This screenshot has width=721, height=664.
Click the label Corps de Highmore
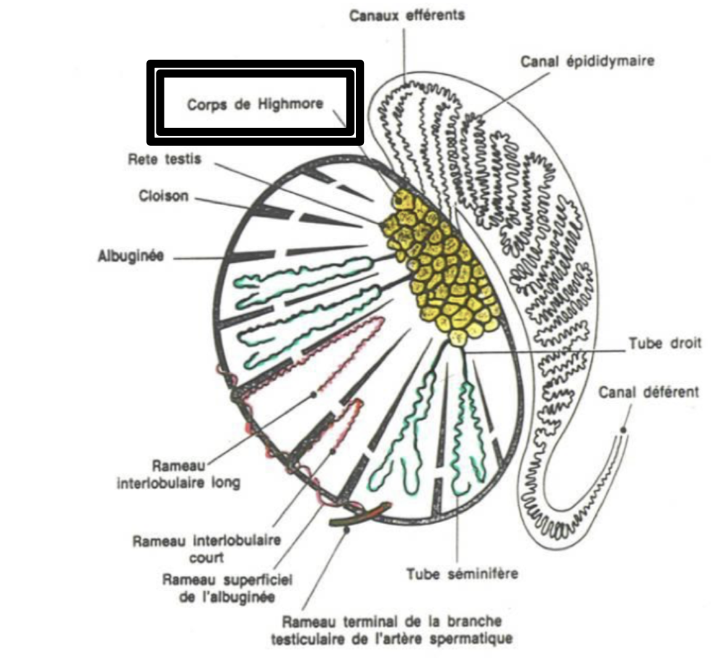[x=255, y=104]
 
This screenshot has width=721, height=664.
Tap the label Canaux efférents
[x=406, y=15]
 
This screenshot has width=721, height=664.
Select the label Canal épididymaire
[x=587, y=62]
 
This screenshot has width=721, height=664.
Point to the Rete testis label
[x=164, y=159]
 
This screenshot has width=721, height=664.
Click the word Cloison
[x=163, y=196]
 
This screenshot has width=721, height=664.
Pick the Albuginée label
[x=131, y=256]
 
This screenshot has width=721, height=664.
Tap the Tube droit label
[x=664, y=343]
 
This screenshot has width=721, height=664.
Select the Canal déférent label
[x=648, y=392]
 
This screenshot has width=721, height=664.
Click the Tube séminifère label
[x=462, y=574]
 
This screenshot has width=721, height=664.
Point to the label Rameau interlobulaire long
[x=178, y=474]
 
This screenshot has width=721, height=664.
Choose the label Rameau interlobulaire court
[x=207, y=549]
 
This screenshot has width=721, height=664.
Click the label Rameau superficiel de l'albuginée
[x=227, y=588]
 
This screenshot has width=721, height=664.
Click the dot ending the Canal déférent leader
[x=623, y=429]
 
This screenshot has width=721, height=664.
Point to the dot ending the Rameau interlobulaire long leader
[x=314, y=394]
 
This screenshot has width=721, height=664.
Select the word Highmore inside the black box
[x=290, y=104]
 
